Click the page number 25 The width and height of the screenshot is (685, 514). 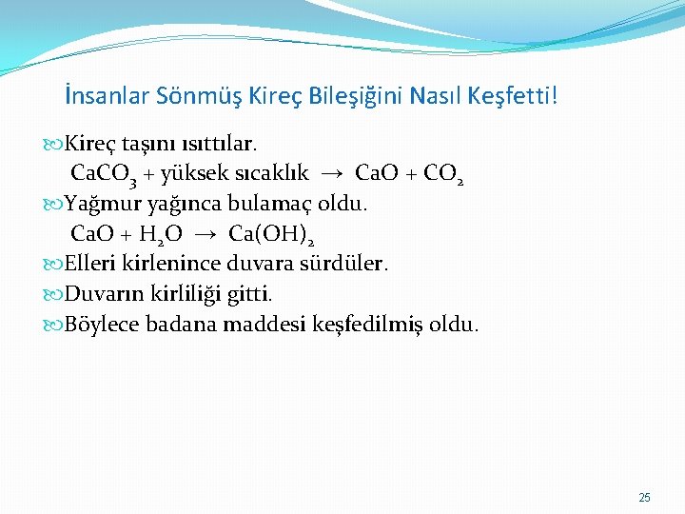(x=645, y=498)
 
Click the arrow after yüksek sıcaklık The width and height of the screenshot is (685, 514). (x=331, y=174)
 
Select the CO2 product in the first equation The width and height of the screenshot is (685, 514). (x=440, y=174)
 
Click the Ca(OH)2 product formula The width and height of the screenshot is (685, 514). (x=272, y=235)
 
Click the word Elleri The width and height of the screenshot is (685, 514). (x=89, y=264)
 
